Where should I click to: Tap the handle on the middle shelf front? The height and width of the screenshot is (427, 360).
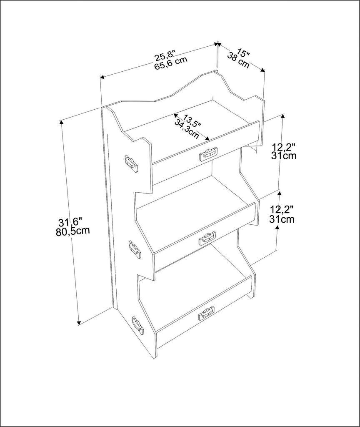coord(207,238)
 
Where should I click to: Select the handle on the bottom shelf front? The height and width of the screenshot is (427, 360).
coord(206,313)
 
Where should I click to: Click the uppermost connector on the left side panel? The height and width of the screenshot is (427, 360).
coord(131,163)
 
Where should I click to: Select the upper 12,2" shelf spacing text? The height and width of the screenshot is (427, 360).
coord(283,147)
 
